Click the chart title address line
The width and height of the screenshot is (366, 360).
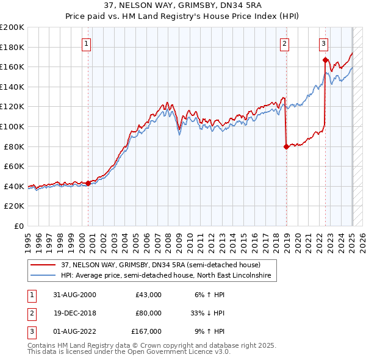point(183,5)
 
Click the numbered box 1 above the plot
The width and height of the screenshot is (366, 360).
point(87,43)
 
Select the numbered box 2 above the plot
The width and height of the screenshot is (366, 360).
point(285,43)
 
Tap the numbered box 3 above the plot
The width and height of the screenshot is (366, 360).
point(323,43)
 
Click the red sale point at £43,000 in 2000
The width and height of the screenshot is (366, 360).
point(88,182)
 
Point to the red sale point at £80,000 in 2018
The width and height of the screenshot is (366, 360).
point(286,146)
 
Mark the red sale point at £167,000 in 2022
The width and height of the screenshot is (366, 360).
point(325,60)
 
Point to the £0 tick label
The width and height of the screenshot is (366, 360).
point(18,226)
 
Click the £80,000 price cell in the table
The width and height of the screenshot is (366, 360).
point(148,313)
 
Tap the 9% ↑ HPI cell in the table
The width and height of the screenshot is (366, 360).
point(209,331)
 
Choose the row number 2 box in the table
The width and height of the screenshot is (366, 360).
point(30,313)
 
